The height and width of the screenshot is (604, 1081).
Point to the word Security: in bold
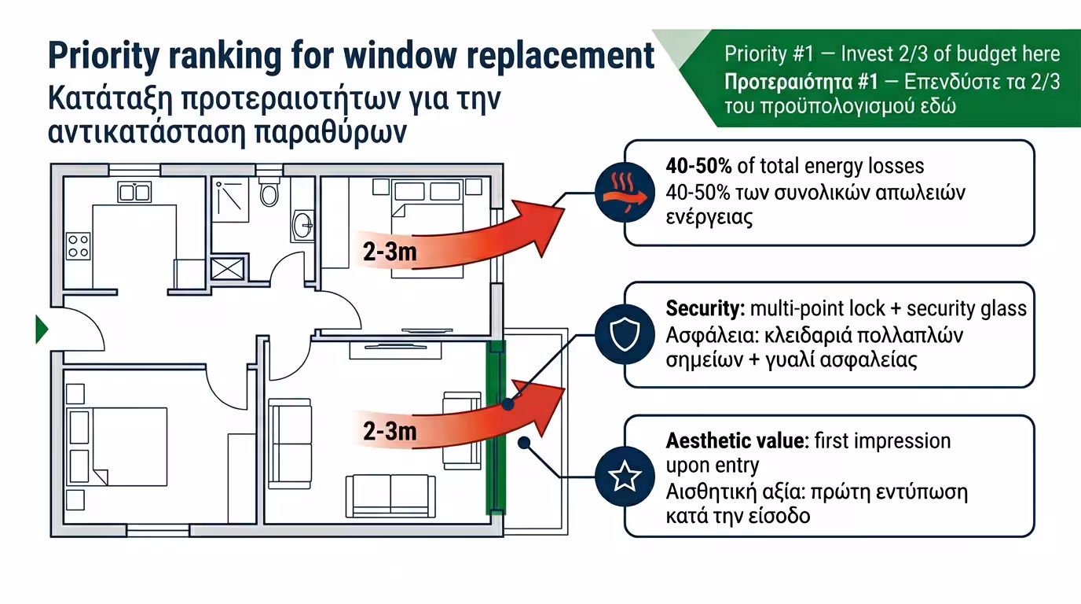pyautogui.click(x=705, y=308)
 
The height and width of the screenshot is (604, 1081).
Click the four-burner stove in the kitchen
pyautogui.click(x=78, y=245)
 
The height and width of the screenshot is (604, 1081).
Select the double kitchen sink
pyautogui.click(x=134, y=191)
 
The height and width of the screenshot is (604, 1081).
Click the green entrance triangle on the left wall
pyautogui.click(x=42, y=329)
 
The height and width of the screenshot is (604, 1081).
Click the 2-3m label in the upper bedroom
pyautogui.click(x=390, y=252)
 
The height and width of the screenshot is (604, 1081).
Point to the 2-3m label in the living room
pyautogui.click(x=390, y=430)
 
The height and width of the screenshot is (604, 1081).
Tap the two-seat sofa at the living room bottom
pyautogui.click(x=390, y=495)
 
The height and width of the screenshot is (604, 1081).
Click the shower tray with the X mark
pyautogui.click(x=227, y=268)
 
